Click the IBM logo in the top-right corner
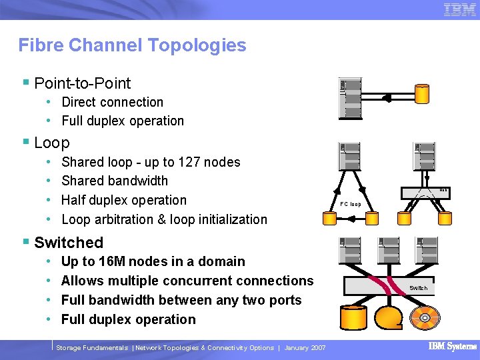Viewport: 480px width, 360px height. [x=459, y=9]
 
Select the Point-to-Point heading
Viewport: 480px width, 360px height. [x=82, y=83]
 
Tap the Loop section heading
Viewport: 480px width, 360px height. [x=51, y=143]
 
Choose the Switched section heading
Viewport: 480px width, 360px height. [x=68, y=243]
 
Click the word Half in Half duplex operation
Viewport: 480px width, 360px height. [x=75, y=200]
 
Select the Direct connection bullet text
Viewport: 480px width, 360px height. [x=112, y=102]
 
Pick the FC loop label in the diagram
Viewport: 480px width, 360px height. [x=350, y=204]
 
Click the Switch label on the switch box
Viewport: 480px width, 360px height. [x=418, y=288]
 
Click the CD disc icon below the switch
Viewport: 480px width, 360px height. [x=424, y=317]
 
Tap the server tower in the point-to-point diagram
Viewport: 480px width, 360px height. [x=350, y=98]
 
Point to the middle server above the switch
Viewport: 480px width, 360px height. [x=388, y=254]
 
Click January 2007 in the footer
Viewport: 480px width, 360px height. [x=305, y=348]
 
